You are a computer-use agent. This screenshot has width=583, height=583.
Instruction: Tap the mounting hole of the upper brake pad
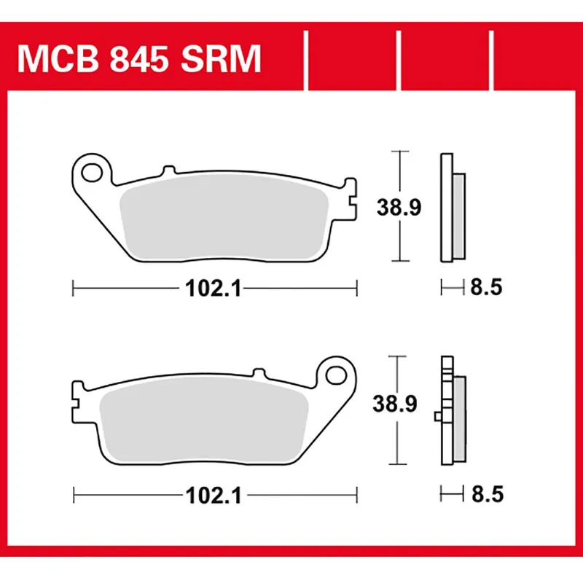click(x=92, y=173)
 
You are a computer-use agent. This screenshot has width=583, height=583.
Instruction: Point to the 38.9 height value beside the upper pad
click(x=398, y=208)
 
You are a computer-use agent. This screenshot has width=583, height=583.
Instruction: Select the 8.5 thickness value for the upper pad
click(x=486, y=289)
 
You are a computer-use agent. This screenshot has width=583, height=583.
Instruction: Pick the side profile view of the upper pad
click(x=451, y=208)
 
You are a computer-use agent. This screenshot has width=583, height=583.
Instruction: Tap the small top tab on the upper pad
click(x=168, y=171)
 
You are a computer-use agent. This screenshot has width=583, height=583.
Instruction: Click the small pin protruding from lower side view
click(x=437, y=416)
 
